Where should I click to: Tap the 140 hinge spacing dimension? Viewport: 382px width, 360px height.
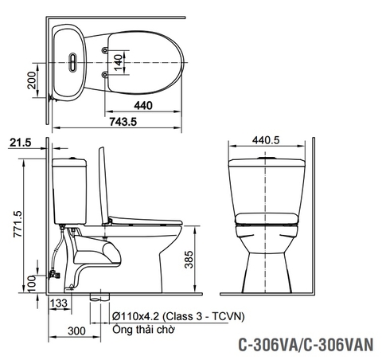117,61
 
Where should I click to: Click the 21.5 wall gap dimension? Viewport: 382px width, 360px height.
21,143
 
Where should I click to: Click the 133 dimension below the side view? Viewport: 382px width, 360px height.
60,304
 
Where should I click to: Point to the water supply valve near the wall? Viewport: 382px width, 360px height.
55,273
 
